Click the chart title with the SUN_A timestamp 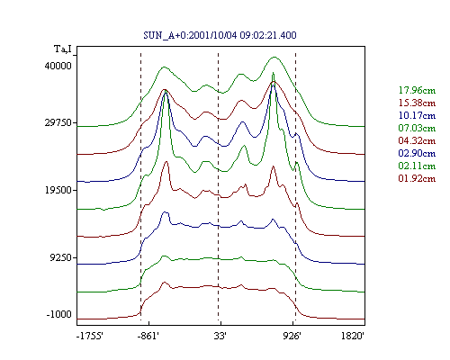pos(220,35)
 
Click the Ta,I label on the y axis pos(63,49)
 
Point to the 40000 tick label pos(58,66)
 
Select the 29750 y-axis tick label pos(58,122)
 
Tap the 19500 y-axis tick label pos(58,190)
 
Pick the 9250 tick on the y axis pos(61,257)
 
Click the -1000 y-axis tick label pos(59,314)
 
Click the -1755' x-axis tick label pos(90,336)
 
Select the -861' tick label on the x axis pos(148,336)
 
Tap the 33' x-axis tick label pos(220,336)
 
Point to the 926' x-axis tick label pos(292,336)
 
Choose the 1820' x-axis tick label pos(353,336)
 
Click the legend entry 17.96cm pos(417,90)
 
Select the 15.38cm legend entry pos(417,103)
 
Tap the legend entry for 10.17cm pos(417,115)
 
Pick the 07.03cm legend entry pos(417,128)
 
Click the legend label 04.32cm pos(417,140)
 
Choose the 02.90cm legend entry pos(417,153)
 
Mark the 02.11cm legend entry pos(417,166)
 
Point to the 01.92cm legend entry pos(417,178)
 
